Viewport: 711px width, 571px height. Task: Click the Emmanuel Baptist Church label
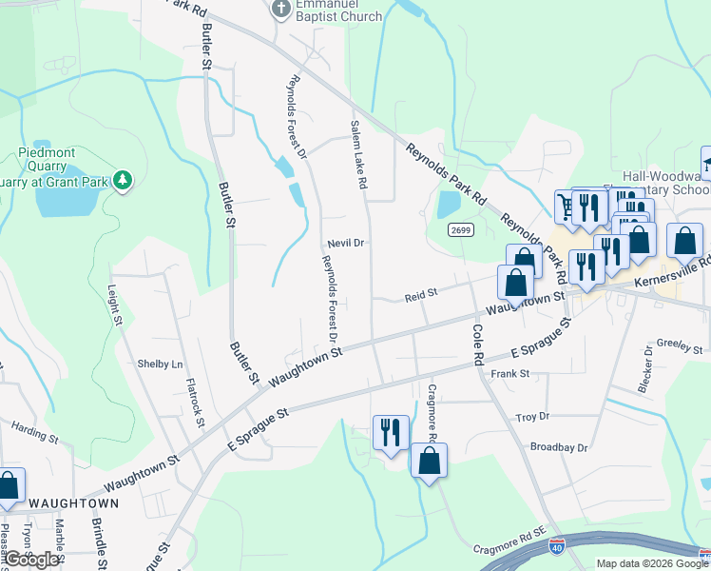pyautogui.click(x=340, y=10)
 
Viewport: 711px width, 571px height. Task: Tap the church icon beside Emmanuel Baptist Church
pyautogui.click(x=280, y=10)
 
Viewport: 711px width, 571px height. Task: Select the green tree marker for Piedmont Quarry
pyautogui.click(x=122, y=180)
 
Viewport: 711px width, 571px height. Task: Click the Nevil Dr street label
pyautogui.click(x=346, y=243)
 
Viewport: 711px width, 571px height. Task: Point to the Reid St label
pyautogui.click(x=420, y=296)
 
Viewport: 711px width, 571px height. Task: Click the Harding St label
pyautogui.click(x=35, y=434)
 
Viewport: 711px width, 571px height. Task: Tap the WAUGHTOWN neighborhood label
pyautogui.click(x=73, y=502)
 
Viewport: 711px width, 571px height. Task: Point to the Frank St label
pyautogui.click(x=509, y=374)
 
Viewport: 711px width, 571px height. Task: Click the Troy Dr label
pyautogui.click(x=532, y=417)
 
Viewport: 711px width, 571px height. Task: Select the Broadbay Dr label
pyautogui.click(x=559, y=446)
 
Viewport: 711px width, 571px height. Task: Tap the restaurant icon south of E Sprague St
pyautogui.click(x=391, y=434)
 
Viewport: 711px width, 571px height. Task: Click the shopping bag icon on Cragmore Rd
pyautogui.click(x=430, y=462)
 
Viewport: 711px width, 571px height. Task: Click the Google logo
pyautogui.click(x=32, y=560)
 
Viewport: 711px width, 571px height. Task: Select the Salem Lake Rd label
pyautogui.click(x=358, y=154)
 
